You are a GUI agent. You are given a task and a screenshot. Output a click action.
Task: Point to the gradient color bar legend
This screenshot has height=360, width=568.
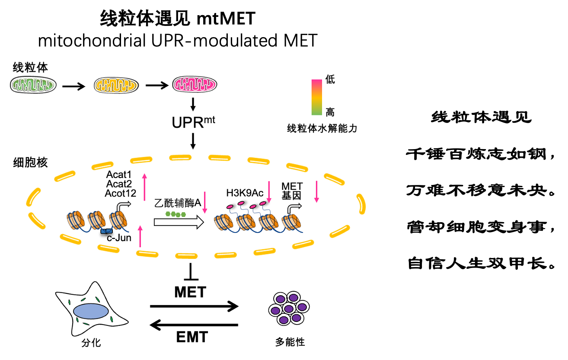317,98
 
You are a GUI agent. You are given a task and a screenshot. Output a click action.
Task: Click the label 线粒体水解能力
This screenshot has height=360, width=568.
322,128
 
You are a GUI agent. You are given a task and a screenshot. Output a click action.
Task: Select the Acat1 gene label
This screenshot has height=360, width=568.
118,175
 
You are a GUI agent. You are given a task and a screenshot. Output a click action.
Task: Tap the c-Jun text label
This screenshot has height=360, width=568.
119,238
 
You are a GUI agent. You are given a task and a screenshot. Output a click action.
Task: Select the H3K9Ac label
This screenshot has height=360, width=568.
245,193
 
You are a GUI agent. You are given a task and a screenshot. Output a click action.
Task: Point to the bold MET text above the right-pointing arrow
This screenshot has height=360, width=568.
190,292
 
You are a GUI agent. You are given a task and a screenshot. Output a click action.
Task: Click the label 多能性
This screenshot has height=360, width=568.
290,342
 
